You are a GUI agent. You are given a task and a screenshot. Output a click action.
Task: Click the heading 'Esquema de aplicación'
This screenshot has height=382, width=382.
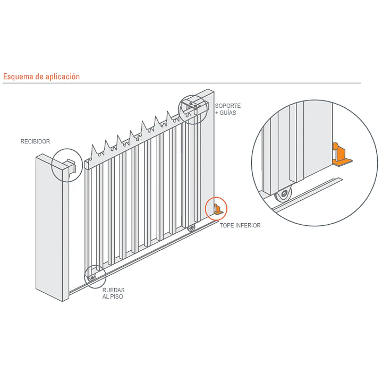pyautogui.click(x=41, y=77)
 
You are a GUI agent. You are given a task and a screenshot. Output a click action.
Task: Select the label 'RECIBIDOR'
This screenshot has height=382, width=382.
pyautogui.click(x=35, y=141)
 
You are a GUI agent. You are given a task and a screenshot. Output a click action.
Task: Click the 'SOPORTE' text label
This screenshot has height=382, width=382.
pyautogui.click(x=228, y=106)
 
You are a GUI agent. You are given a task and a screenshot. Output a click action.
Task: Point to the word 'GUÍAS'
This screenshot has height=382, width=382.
pyautogui.click(x=228, y=113)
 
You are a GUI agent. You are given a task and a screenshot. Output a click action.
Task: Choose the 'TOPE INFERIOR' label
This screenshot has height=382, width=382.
pyautogui.click(x=240, y=226)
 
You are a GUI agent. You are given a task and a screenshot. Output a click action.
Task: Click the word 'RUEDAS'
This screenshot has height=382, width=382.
pyautogui.click(x=114, y=290)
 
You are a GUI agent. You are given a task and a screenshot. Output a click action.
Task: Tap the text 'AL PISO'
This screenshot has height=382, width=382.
pyautogui.click(x=113, y=297)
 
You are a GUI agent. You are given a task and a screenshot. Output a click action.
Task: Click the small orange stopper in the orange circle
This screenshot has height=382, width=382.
pyautogui.click(x=218, y=209)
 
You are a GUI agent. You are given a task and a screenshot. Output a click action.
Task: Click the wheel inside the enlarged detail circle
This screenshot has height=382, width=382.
pyautogui.click(x=283, y=194)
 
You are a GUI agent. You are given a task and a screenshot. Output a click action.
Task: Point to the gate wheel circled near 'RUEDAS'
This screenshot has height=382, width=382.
pyautogui.click(x=92, y=278)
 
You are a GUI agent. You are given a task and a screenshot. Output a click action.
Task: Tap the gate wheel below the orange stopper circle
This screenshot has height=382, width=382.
pyautogui.click(x=191, y=228)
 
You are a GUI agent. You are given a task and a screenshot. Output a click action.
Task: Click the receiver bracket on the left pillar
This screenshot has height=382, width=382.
pyautogui.click(x=71, y=166)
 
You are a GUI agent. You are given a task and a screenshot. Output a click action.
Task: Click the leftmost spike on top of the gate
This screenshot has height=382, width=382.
pyautogui.click(x=94, y=151)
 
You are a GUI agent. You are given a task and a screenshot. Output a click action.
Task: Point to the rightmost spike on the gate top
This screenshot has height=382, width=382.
pyautogui.click(x=169, y=116)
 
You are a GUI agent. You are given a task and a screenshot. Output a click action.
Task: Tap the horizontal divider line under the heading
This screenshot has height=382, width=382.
pyautogui.click(x=182, y=83)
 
